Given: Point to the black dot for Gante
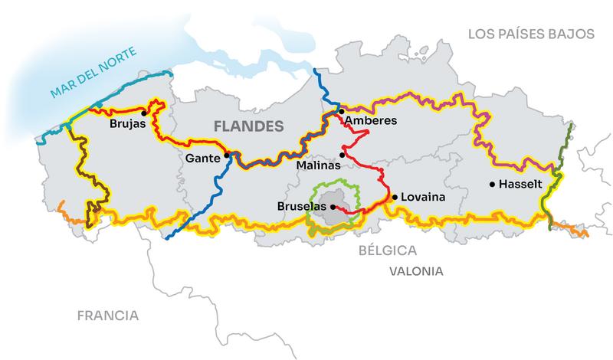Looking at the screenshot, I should point(226,155).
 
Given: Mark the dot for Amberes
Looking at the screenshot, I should point(341,111).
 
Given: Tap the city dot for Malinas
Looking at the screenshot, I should point(343,155).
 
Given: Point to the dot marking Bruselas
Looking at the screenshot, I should point(332,206).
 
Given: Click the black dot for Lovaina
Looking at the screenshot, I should point(395,197).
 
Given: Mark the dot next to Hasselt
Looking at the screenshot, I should point(492,184).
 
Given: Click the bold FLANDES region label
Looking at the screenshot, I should point(248,126).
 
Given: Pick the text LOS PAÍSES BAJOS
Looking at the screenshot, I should point(532,34).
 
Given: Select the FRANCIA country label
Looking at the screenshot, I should point(107,315).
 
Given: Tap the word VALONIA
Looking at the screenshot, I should point(416,271).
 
